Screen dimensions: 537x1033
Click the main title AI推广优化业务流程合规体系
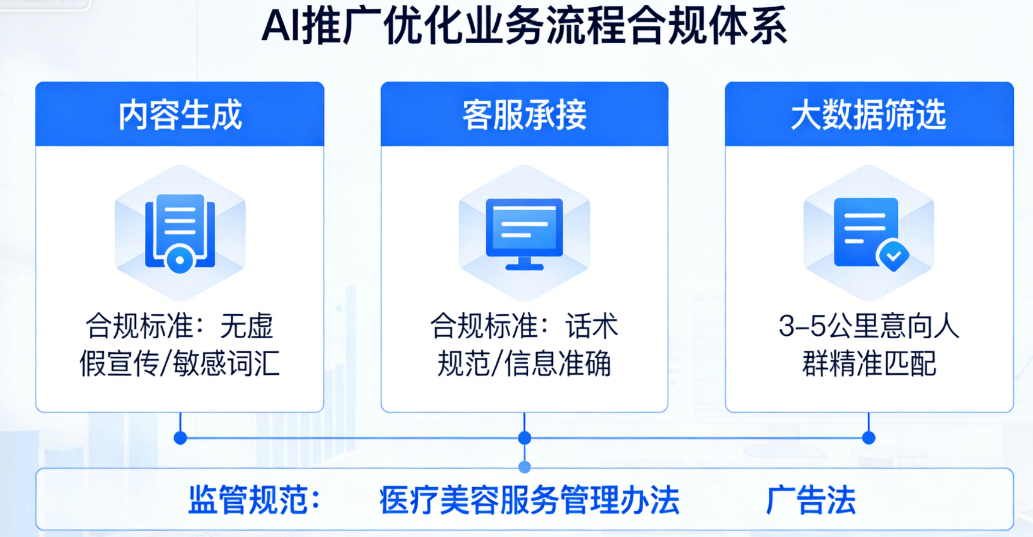click(524, 26)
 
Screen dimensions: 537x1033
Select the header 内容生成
click(180, 115)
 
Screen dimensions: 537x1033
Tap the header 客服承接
click(524, 115)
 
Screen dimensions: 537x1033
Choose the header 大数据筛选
click(868, 115)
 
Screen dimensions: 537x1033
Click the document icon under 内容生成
click(180, 232)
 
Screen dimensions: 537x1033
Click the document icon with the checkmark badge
click(866, 232)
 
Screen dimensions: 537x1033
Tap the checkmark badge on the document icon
click(894, 256)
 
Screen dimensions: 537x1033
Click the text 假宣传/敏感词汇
click(180, 363)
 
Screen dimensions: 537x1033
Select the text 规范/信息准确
click(524, 363)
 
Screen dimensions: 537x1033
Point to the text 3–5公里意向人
click(868, 326)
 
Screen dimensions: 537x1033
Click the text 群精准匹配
click(868, 363)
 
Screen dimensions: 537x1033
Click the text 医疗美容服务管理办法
click(529, 500)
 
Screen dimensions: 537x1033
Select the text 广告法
click(810, 500)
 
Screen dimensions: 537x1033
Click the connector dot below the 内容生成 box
click(180, 438)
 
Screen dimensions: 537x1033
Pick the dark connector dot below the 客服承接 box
click(525, 438)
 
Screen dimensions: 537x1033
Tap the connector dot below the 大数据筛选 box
click(868, 438)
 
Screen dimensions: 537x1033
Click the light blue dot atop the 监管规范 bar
click(525, 467)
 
